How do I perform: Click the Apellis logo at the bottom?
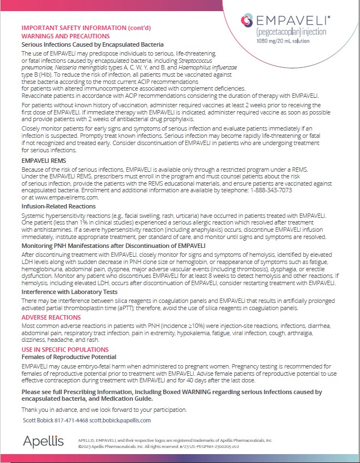[x=43, y=441]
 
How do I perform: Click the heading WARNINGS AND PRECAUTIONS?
[x=62, y=36]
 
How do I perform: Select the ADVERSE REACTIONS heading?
[x=51, y=318]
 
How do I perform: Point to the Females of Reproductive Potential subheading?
[x=68, y=357]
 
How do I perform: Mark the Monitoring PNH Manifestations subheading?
[x=113, y=245]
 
